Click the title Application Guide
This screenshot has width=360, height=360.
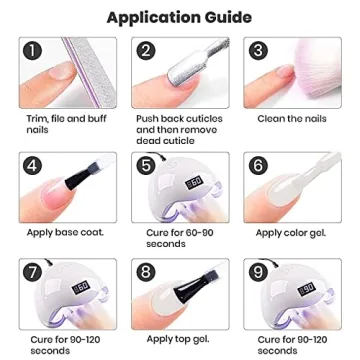pyautogui.click(x=180, y=17)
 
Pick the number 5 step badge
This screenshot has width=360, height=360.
pyautogui.click(x=147, y=165)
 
